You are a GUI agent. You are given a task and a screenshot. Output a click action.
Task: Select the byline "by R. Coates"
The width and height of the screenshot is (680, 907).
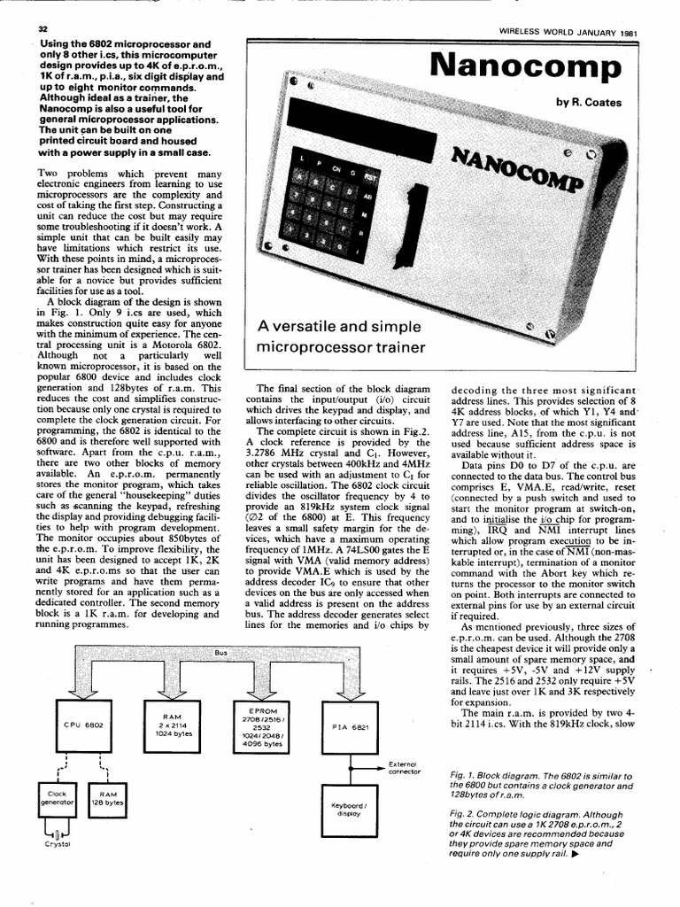589,102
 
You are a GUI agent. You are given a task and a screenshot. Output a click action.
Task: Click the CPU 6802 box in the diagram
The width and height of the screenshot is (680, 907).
84,725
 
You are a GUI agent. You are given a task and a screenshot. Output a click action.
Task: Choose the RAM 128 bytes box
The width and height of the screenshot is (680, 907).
109,800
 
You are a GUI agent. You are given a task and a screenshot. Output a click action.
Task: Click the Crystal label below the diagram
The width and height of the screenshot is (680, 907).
57,844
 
